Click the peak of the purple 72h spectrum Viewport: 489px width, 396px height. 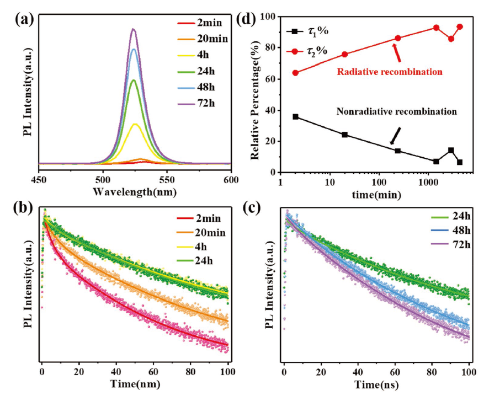click(133, 29)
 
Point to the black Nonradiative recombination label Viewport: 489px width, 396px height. click(396, 111)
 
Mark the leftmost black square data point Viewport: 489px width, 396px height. click(296, 117)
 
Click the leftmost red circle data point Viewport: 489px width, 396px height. click(296, 73)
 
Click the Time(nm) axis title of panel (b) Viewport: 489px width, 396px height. click(131, 384)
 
